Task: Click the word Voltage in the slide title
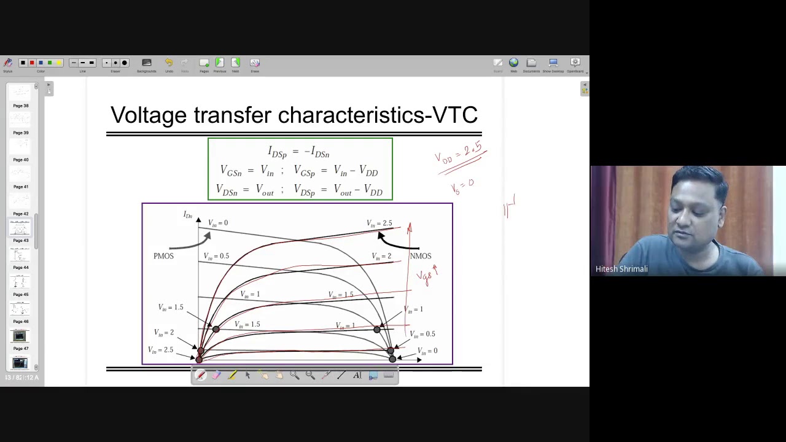[x=148, y=115]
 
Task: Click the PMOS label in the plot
[x=163, y=256]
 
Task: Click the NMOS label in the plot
[x=421, y=256]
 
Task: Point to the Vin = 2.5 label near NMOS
[x=379, y=223]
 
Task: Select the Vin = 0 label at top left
[x=217, y=223]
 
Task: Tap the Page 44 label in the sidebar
[x=21, y=268]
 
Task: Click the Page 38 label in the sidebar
[x=21, y=106]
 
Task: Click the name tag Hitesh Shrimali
[x=621, y=269]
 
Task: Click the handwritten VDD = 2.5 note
[x=461, y=153]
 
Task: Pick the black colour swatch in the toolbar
[x=23, y=63]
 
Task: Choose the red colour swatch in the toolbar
[x=32, y=63]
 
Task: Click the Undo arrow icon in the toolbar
[x=169, y=63]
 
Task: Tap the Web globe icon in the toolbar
[x=513, y=63]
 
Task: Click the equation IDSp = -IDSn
[x=299, y=152]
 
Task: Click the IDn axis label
[x=188, y=215]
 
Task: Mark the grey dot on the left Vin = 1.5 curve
[x=216, y=330]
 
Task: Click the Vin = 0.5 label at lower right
[x=422, y=334]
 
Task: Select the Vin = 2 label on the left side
[x=163, y=333]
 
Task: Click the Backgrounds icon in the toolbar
[x=146, y=63]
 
